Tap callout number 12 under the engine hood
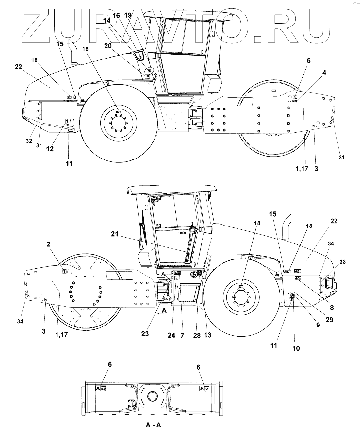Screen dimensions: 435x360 click(50, 149)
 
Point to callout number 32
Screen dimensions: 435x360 click(29, 141)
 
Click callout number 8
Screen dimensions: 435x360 click(332, 308)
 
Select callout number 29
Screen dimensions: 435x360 click(330, 320)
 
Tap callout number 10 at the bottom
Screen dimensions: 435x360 click(296, 348)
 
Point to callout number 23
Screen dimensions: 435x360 click(145, 334)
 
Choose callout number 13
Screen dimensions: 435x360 click(207, 335)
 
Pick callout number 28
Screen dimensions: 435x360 click(197, 335)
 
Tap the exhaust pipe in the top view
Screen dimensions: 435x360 click(74, 54)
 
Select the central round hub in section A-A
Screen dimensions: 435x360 click(153, 396)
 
